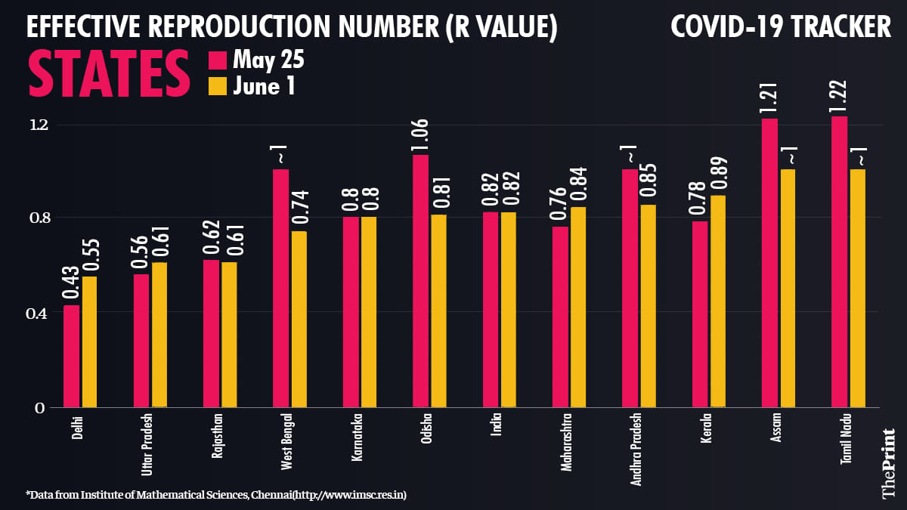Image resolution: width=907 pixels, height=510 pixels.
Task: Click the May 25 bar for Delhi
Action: [x=71, y=356]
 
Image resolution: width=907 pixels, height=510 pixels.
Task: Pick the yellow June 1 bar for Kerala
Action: [x=717, y=301]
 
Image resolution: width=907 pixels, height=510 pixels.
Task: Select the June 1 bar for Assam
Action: [x=787, y=288]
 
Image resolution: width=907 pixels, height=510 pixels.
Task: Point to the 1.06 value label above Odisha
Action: [x=420, y=136]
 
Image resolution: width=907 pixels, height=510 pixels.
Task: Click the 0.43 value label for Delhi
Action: [x=71, y=284]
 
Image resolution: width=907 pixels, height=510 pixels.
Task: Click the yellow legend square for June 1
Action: [x=217, y=85]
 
